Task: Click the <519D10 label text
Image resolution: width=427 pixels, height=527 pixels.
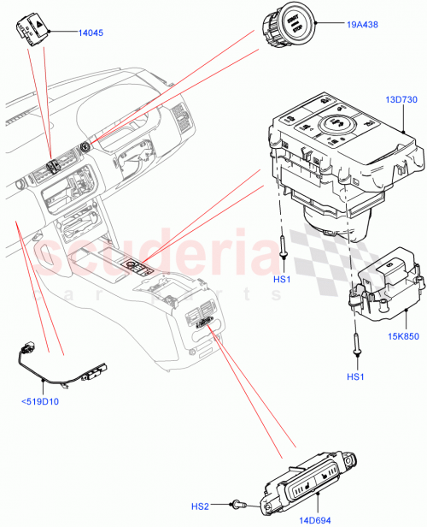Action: coord(40,402)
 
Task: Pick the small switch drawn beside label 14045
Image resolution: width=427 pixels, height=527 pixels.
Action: coord(30,29)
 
